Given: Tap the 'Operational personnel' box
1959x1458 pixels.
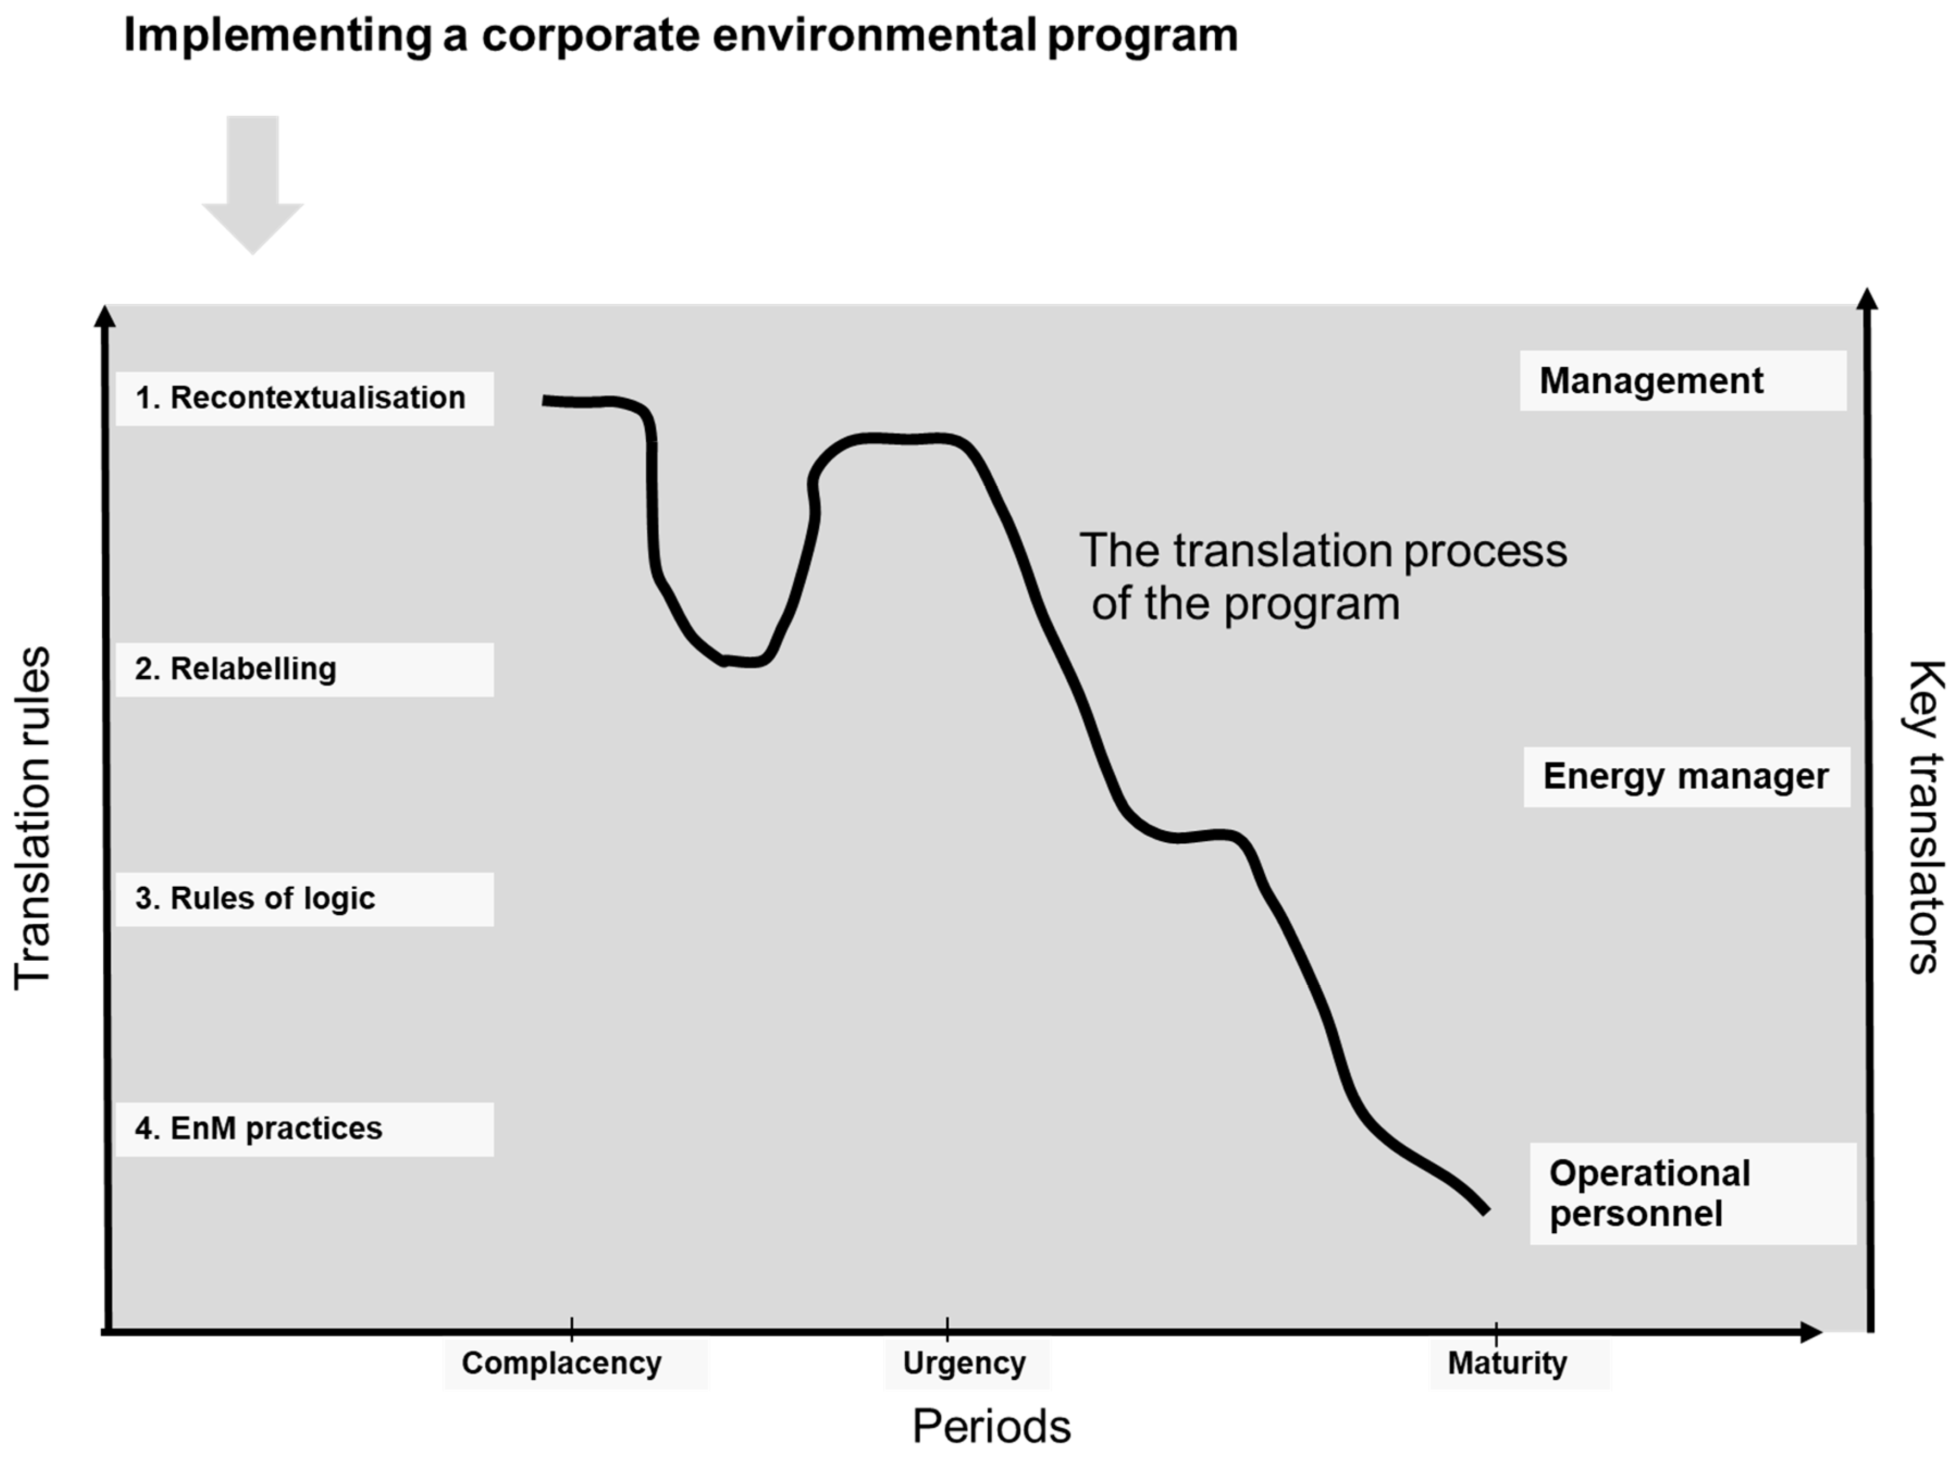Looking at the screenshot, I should [x=1692, y=1193].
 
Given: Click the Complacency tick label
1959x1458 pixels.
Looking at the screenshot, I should [x=562, y=1363].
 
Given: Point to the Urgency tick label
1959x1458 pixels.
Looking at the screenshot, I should [x=965, y=1363].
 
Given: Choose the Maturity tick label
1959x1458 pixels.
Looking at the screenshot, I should [x=1507, y=1363].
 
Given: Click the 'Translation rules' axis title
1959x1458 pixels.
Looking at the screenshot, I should [x=34, y=818].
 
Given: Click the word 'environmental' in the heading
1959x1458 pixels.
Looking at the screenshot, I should [x=874, y=35].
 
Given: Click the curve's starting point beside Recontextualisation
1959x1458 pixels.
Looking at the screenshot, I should [x=545, y=401].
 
